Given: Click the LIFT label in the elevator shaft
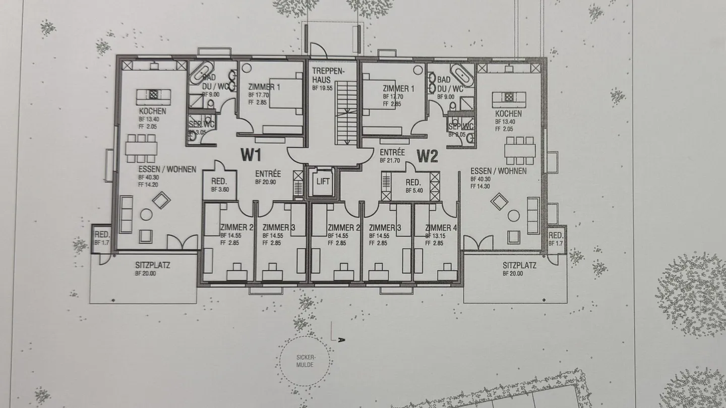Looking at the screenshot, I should pyautogui.click(x=322, y=181).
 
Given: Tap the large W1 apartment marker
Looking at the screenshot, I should pyautogui.click(x=251, y=155).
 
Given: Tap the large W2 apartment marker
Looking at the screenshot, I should pyautogui.click(x=427, y=157).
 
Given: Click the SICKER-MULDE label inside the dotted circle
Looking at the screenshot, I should pyautogui.click(x=305, y=361).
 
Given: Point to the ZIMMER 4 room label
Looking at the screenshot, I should pyautogui.click(x=441, y=228).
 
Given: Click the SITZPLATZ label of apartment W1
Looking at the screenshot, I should pyautogui.click(x=152, y=265).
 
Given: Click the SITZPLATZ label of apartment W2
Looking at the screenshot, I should pyautogui.click(x=519, y=265).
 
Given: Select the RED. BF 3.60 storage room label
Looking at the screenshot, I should pyautogui.click(x=219, y=185).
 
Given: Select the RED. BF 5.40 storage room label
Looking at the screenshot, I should pyautogui.click(x=414, y=186).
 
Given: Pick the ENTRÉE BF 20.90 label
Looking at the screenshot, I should pyautogui.click(x=268, y=177).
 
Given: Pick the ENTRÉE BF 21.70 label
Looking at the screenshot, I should pyautogui.click(x=392, y=155).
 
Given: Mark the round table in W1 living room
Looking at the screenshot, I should pyautogui.click(x=146, y=214).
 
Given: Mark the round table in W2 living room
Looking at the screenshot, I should pyautogui.click(x=513, y=216).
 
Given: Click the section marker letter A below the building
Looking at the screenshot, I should pyautogui.click(x=341, y=340).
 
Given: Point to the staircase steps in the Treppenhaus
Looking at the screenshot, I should pyautogui.click(x=346, y=113).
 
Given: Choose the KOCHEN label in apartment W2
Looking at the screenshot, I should pyautogui.click(x=508, y=113).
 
